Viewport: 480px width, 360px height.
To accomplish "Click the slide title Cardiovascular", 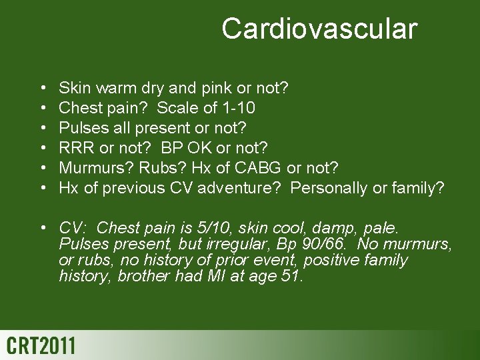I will click(x=319, y=29).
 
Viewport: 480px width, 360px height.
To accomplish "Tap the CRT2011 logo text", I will click(x=41, y=346).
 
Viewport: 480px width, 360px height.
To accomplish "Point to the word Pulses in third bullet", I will click(x=80, y=127).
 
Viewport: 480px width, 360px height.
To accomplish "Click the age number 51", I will click(x=291, y=276).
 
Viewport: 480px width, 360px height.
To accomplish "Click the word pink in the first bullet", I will click(x=213, y=87).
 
